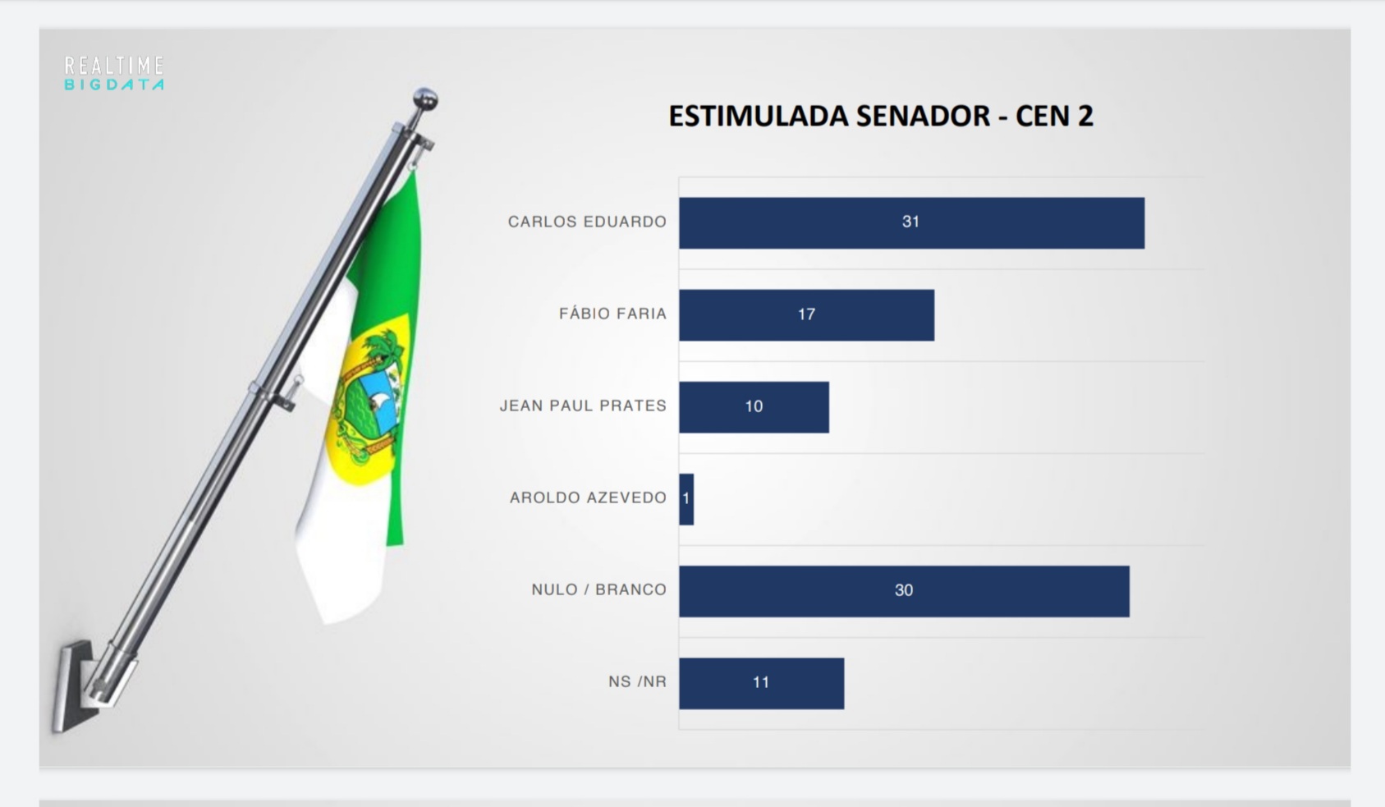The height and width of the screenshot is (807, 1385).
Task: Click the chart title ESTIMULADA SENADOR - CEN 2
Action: tap(881, 117)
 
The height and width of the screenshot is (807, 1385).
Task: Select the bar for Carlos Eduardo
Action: tap(912, 223)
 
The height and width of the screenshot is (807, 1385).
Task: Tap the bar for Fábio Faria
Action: tap(807, 315)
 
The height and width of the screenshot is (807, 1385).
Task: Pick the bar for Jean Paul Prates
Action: tap(754, 407)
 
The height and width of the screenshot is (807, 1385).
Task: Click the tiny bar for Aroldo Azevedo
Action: tap(686, 500)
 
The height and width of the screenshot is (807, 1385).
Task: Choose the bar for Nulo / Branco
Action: tap(905, 592)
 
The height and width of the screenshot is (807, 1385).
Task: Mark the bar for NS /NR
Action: tap(762, 684)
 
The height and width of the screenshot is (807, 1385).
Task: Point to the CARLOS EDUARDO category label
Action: tap(587, 222)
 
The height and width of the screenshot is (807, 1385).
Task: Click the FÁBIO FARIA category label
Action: tap(612, 314)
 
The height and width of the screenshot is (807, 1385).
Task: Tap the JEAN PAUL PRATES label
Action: tap(583, 406)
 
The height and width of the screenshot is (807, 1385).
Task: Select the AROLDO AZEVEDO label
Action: tap(588, 497)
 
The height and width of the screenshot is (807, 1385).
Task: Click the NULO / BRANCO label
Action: tap(599, 590)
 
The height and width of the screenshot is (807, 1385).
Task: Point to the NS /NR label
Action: tap(637, 682)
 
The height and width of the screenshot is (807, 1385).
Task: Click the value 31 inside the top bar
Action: tap(910, 222)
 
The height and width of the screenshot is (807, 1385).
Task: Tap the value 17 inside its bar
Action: tap(806, 314)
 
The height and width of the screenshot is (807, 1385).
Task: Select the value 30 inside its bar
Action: tap(904, 590)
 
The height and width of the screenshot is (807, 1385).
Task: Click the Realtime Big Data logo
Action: tap(114, 74)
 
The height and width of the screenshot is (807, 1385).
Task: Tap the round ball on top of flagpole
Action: tap(425, 99)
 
